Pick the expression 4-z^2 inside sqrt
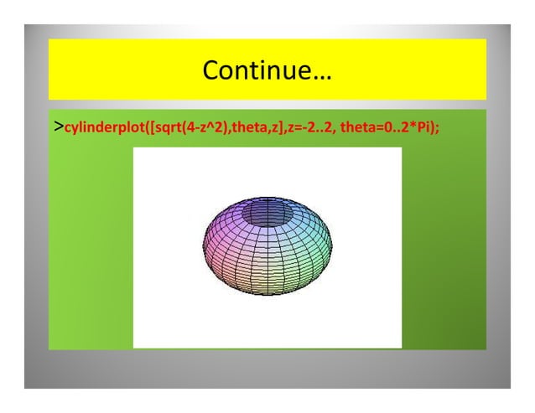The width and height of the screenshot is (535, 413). click(200, 130)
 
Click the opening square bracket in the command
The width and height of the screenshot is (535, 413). click(148, 130)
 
